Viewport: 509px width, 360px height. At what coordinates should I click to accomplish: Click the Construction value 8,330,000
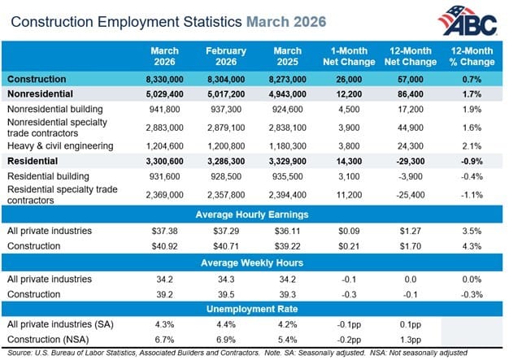click(x=165, y=80)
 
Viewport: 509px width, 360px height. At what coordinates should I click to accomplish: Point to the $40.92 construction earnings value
click(x=165, y=246)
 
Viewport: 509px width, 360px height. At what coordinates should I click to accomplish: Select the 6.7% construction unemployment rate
click(x=165, y=339)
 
